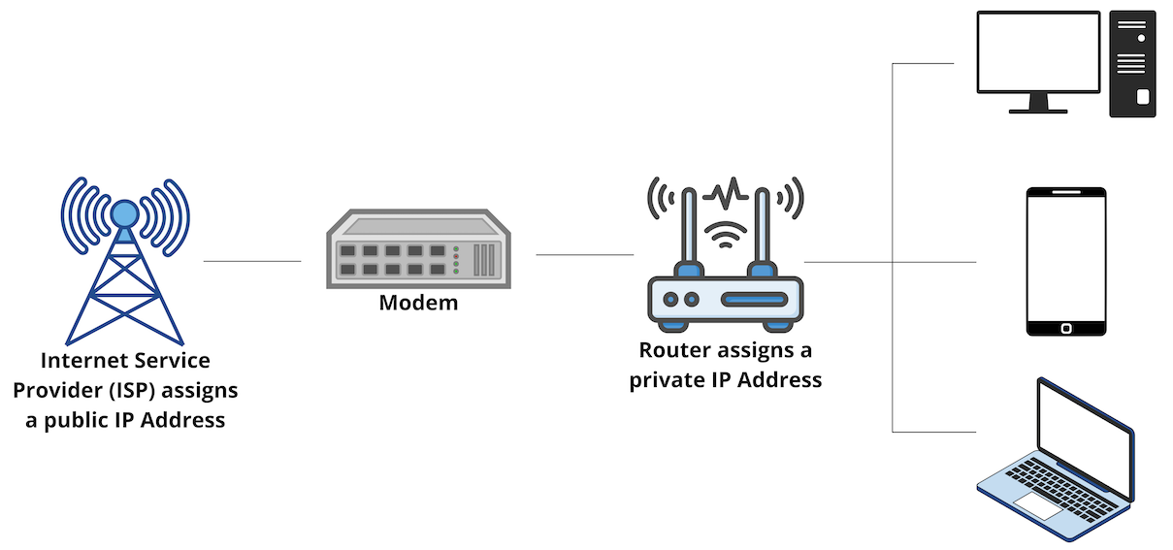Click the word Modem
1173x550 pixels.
click(x=418, y=303)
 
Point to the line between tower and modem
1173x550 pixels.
click(x=252, y=261)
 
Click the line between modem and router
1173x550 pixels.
click(x=584, y=255)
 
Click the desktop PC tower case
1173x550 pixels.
click(x=1133, y=63)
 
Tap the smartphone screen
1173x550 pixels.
click(x=1066, y=258)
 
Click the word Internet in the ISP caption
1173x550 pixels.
click(x=84, y=361)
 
